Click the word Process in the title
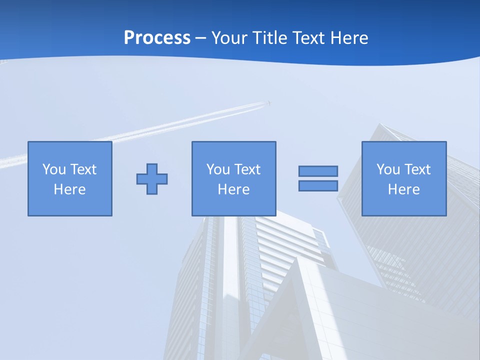[x=157, y=38]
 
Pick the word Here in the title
[x=350, y=38]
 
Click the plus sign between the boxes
[x=152, y=178]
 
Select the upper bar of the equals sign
[x=318, y=171]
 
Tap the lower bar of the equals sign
[x=318, y=185]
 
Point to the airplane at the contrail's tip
[x=269, y=103]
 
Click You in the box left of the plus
[x=54, y=169]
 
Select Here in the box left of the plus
[x=69, y=189]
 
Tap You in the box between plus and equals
[x=218, y=169]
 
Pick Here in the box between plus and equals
[x=233, y=189]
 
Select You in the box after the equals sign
[x=388, y=169]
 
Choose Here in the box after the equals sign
[x=403, y=189]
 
